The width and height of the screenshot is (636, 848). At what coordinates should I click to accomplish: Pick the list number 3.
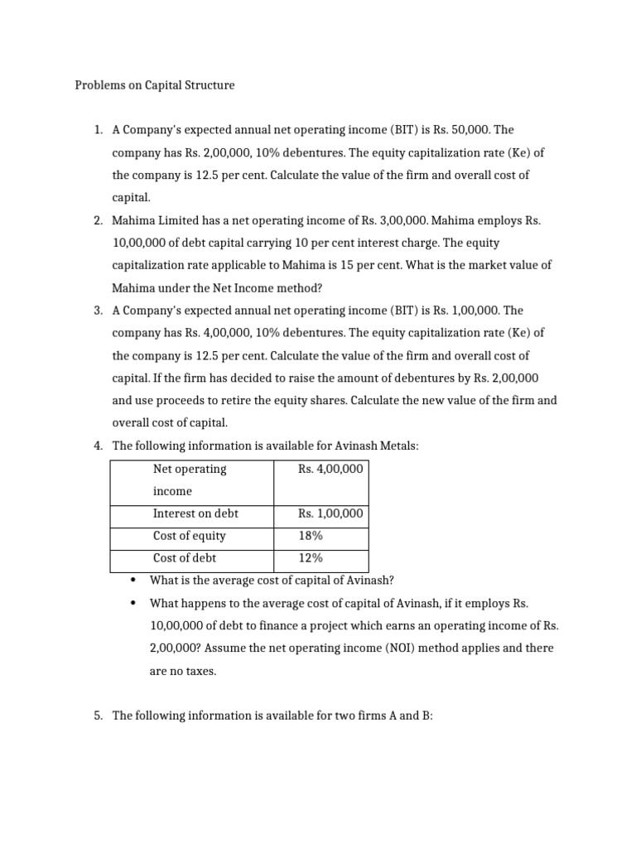click(x=97, y=311)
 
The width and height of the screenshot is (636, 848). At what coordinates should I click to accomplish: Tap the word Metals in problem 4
click(x=397, y=446)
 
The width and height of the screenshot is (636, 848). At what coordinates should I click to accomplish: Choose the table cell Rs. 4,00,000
click(x=330, y=469)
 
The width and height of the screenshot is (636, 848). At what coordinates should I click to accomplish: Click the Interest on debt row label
click(x=195, y=513)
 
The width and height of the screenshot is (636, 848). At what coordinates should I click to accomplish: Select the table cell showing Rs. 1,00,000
click(x=330, y=513)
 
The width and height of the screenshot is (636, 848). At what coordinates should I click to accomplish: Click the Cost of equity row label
click(x=189, y=536)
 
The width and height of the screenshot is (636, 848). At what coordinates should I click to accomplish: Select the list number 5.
click(x=97, y=715)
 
